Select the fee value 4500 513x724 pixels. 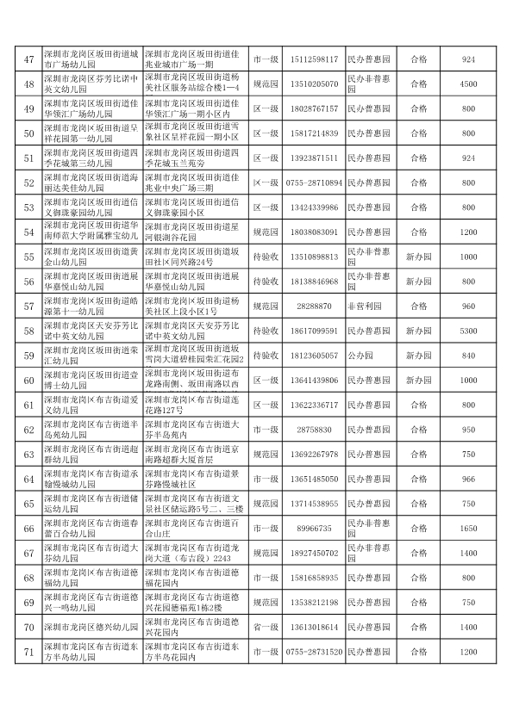click(468, 84)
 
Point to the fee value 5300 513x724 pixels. click(468, 331)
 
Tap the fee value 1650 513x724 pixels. click(468, 528)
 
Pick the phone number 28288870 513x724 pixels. click(311, 306)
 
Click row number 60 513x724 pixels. click(28, 380)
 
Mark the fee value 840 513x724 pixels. click(468, 356)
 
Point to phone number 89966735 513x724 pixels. click(311, 528)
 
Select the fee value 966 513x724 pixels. click(468, 479)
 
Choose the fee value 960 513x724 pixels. click(468, 306)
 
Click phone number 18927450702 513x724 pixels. click(311, 553)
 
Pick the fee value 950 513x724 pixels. click(468, 430)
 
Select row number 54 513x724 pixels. click(28, 232)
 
